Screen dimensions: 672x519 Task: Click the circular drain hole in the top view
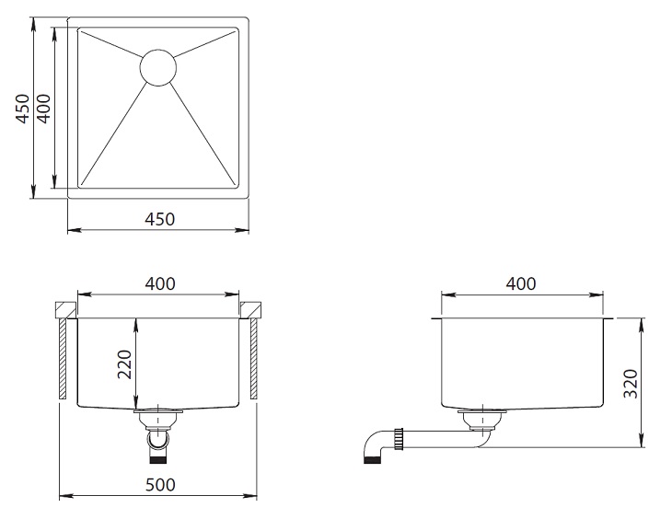click(x=158, y=67)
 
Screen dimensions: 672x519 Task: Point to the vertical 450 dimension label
click(x=23, y=109)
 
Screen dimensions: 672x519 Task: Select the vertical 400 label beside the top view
click(x=43, y=109)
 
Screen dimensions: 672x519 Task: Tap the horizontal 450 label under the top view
click(x=160, y=219)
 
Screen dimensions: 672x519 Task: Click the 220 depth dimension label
click(x=124, y=364)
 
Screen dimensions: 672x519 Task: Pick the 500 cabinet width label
click(x=160, y=485)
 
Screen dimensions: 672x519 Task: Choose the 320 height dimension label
click(x=631, y=383)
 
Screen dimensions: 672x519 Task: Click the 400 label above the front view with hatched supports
click(x=160, y=283)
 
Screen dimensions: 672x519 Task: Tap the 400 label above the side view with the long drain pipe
click(x=521, y=283)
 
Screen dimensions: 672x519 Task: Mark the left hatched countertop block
click(x=65, y=310)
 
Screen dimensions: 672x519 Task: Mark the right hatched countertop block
click(x=250, y=310)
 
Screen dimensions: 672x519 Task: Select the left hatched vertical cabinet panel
click(x=63, y=359)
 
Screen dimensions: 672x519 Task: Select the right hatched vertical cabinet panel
click(x=254, y=359)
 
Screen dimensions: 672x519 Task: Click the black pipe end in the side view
click(x=372, y=461)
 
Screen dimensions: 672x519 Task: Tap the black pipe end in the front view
click(x=158, y=461)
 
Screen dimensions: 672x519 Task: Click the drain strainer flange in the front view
click(x=158, y=412)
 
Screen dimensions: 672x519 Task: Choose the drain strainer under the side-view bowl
click(x=482, y=419)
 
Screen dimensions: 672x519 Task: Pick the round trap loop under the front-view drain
click(x=158, y=440)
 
